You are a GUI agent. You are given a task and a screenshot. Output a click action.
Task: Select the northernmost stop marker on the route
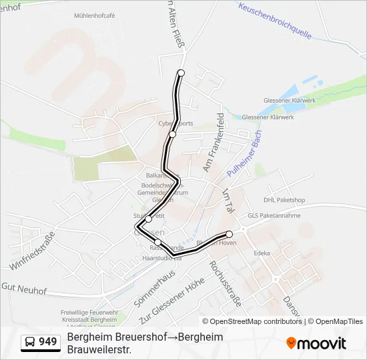(x=181, y=73)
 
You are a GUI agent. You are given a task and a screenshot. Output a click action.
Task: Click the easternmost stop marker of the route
(x=230, y=234)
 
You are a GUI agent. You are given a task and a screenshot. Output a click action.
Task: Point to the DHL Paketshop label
(x=284, y=199)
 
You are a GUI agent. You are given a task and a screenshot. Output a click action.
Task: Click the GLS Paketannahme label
(x=276, y=215)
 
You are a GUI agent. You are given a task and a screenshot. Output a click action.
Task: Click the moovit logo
(x=316, y=343)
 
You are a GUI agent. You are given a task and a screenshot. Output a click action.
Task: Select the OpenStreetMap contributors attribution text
(x=256, y=321)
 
